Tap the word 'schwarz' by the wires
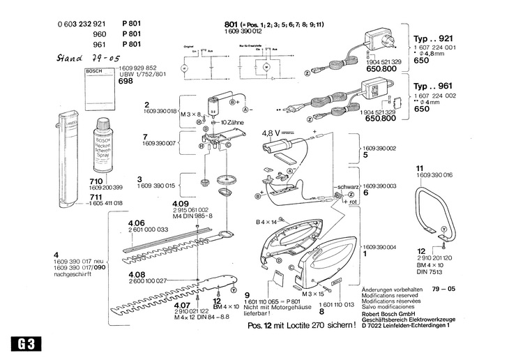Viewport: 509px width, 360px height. [x=347, y=188]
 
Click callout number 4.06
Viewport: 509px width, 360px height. [x=137, y=223]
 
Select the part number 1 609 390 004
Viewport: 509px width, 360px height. [x=379, y=246]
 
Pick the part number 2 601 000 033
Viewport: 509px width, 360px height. [x=149, y=230]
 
